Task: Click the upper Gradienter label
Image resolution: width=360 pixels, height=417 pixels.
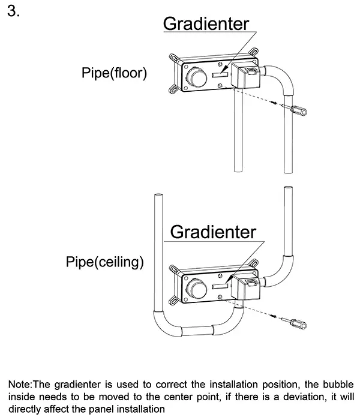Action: (x=206, y=24)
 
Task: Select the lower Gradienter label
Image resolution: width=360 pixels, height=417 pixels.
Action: (x=213, y=232)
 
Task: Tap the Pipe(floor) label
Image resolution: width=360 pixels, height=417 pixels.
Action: (x=114, y=73)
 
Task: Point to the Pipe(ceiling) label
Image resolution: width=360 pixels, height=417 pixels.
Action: (x=106, y=262)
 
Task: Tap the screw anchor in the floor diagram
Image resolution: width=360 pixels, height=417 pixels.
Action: (x=298, y=111)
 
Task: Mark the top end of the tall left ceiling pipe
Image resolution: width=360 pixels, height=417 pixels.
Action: (x=159, y=196)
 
